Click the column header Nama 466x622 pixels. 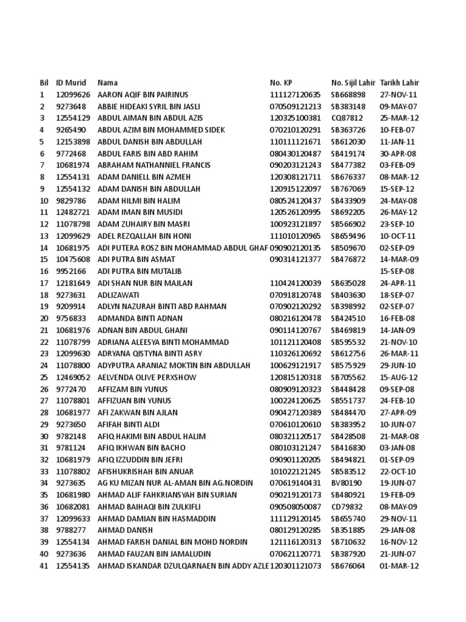tap(107, 83)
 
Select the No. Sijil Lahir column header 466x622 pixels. tap(353, 83)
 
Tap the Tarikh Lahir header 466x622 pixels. tap(399, 83)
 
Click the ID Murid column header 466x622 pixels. tap(71, 83)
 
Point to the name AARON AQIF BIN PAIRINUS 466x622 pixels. tap(143, 95)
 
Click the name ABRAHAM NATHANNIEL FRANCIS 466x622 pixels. tap(154, 165)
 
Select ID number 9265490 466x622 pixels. tap(71, 130)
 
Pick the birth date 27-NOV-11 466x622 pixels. tap(399, 95)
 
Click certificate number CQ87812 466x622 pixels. tap(347, 118)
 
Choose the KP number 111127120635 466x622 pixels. tap(295, 95)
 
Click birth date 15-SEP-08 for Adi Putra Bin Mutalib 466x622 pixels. tap(397, 271)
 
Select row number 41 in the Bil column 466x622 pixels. tap(44, 566)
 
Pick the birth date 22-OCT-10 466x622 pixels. tap(398, 471)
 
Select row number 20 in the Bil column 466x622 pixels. tap(44, 318)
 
